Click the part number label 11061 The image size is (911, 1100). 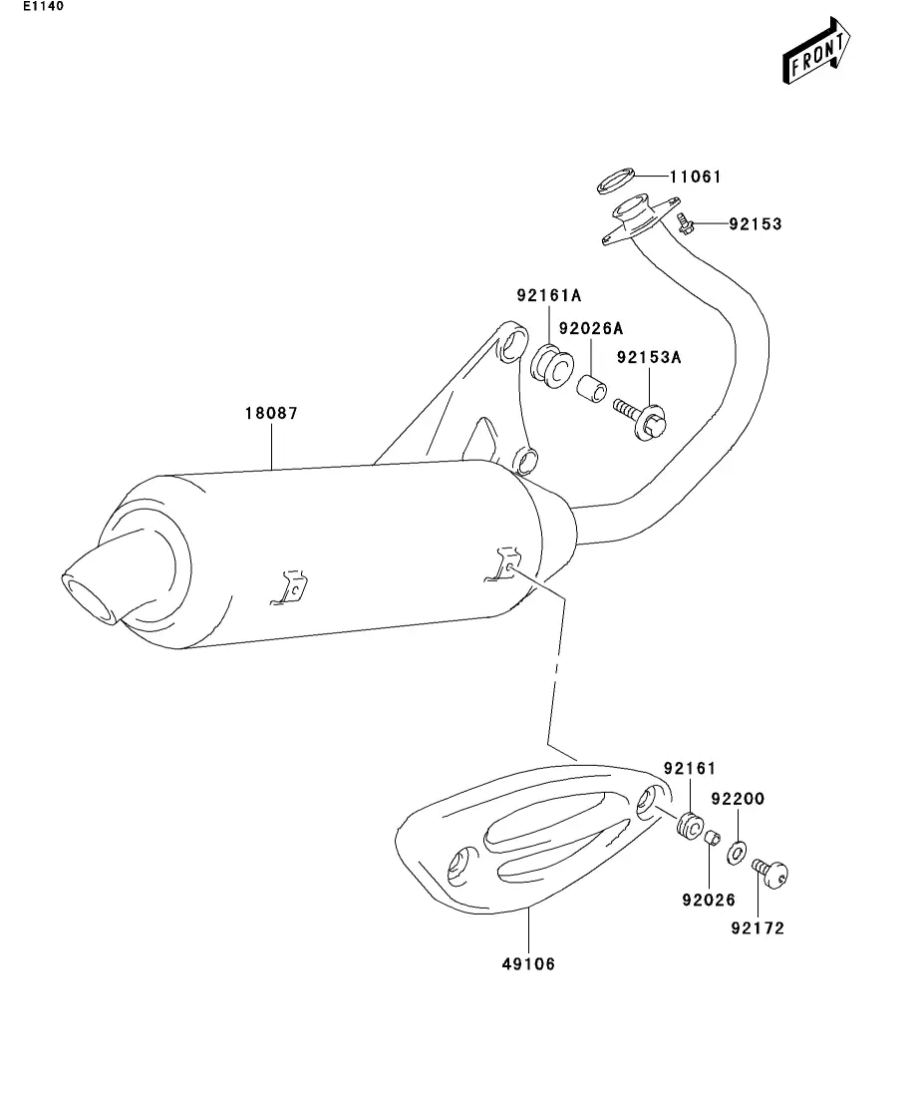pyautogui.click(x=695, y=178)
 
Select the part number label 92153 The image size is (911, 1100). pyautogui.click(x=755, y=224)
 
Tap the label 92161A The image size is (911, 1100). pyautogui.click(x=548, y=295)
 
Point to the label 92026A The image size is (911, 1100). pyautogui.click(x=590, y=328)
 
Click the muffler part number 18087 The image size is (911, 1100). pyautogui.click(x=272, y=412)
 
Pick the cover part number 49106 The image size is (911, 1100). pyautogui.click(x=528, y=963)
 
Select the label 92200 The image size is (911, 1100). pyautogui.click(x=737, y=799)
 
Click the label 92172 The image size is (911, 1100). pyautogui.click(x=757, y=928)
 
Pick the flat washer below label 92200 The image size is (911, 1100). pyautogui.click(x=738, y=853)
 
